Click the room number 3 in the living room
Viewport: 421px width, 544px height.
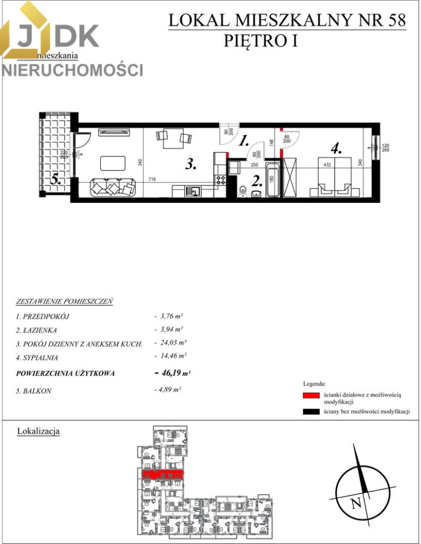[191, 165]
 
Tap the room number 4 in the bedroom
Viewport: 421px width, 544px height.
[336, 150]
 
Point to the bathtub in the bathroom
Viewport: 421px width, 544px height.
[273, 181]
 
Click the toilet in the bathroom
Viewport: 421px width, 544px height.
[242, 190]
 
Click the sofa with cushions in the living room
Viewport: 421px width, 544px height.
[114, 186]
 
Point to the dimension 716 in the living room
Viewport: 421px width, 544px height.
[151, 180]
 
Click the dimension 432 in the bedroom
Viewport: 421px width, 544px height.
[327, 164]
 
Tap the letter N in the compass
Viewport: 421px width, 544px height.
[355, 502]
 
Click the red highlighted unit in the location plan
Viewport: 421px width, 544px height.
[162, 474]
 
